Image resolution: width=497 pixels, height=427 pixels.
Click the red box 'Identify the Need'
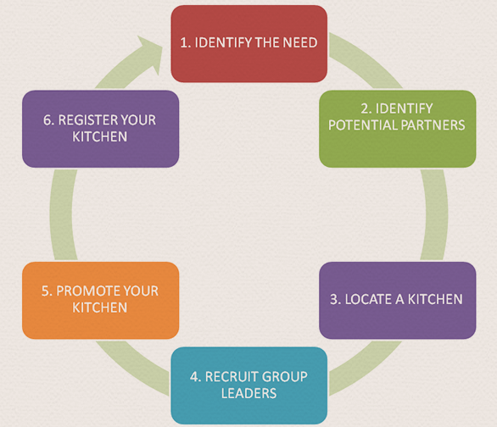pos(249,44)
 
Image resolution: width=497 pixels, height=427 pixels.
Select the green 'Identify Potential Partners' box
pos(398,129)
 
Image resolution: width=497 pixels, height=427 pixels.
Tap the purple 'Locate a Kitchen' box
pos(398,301)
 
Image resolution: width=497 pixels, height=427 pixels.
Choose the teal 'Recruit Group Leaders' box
pos(249,385)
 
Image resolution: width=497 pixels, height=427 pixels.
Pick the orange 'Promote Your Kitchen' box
pos(100,301)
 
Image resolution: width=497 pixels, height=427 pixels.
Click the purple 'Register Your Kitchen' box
pos(100,129)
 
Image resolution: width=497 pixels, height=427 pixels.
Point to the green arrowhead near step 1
pos(150,54)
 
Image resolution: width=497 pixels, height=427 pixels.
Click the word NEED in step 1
pos(300,42)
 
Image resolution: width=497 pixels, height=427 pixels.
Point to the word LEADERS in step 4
pos(248,393)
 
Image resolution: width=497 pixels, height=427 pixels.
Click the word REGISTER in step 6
pos(88,120)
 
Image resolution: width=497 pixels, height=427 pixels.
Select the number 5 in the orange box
pos(45,291)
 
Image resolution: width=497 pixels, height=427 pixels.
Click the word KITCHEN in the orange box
pos(100,308)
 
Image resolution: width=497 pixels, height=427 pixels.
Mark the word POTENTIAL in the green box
pos(362,125)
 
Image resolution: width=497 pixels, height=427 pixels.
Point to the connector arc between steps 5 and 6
pos(62,214)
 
